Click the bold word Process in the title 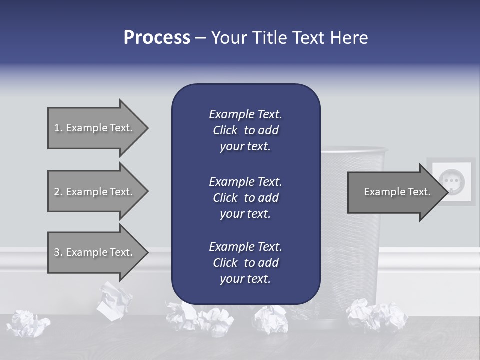[157, 38]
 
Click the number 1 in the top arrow [57, 128]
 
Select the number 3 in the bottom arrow [57, 252]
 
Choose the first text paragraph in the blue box [245, 130]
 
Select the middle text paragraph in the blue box [245, 197]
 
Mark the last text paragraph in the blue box [245, 262]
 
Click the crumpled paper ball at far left [29, 323]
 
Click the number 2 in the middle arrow [57, 192]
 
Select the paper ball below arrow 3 [114, 300]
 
